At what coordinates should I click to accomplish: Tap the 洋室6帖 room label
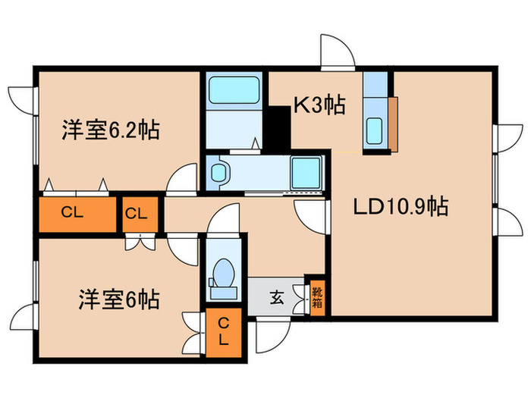point(118,299)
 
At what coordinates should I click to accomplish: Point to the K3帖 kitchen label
point(319,105)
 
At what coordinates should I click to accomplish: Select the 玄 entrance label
point(277,297)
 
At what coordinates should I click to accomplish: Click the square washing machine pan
point(306,173)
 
